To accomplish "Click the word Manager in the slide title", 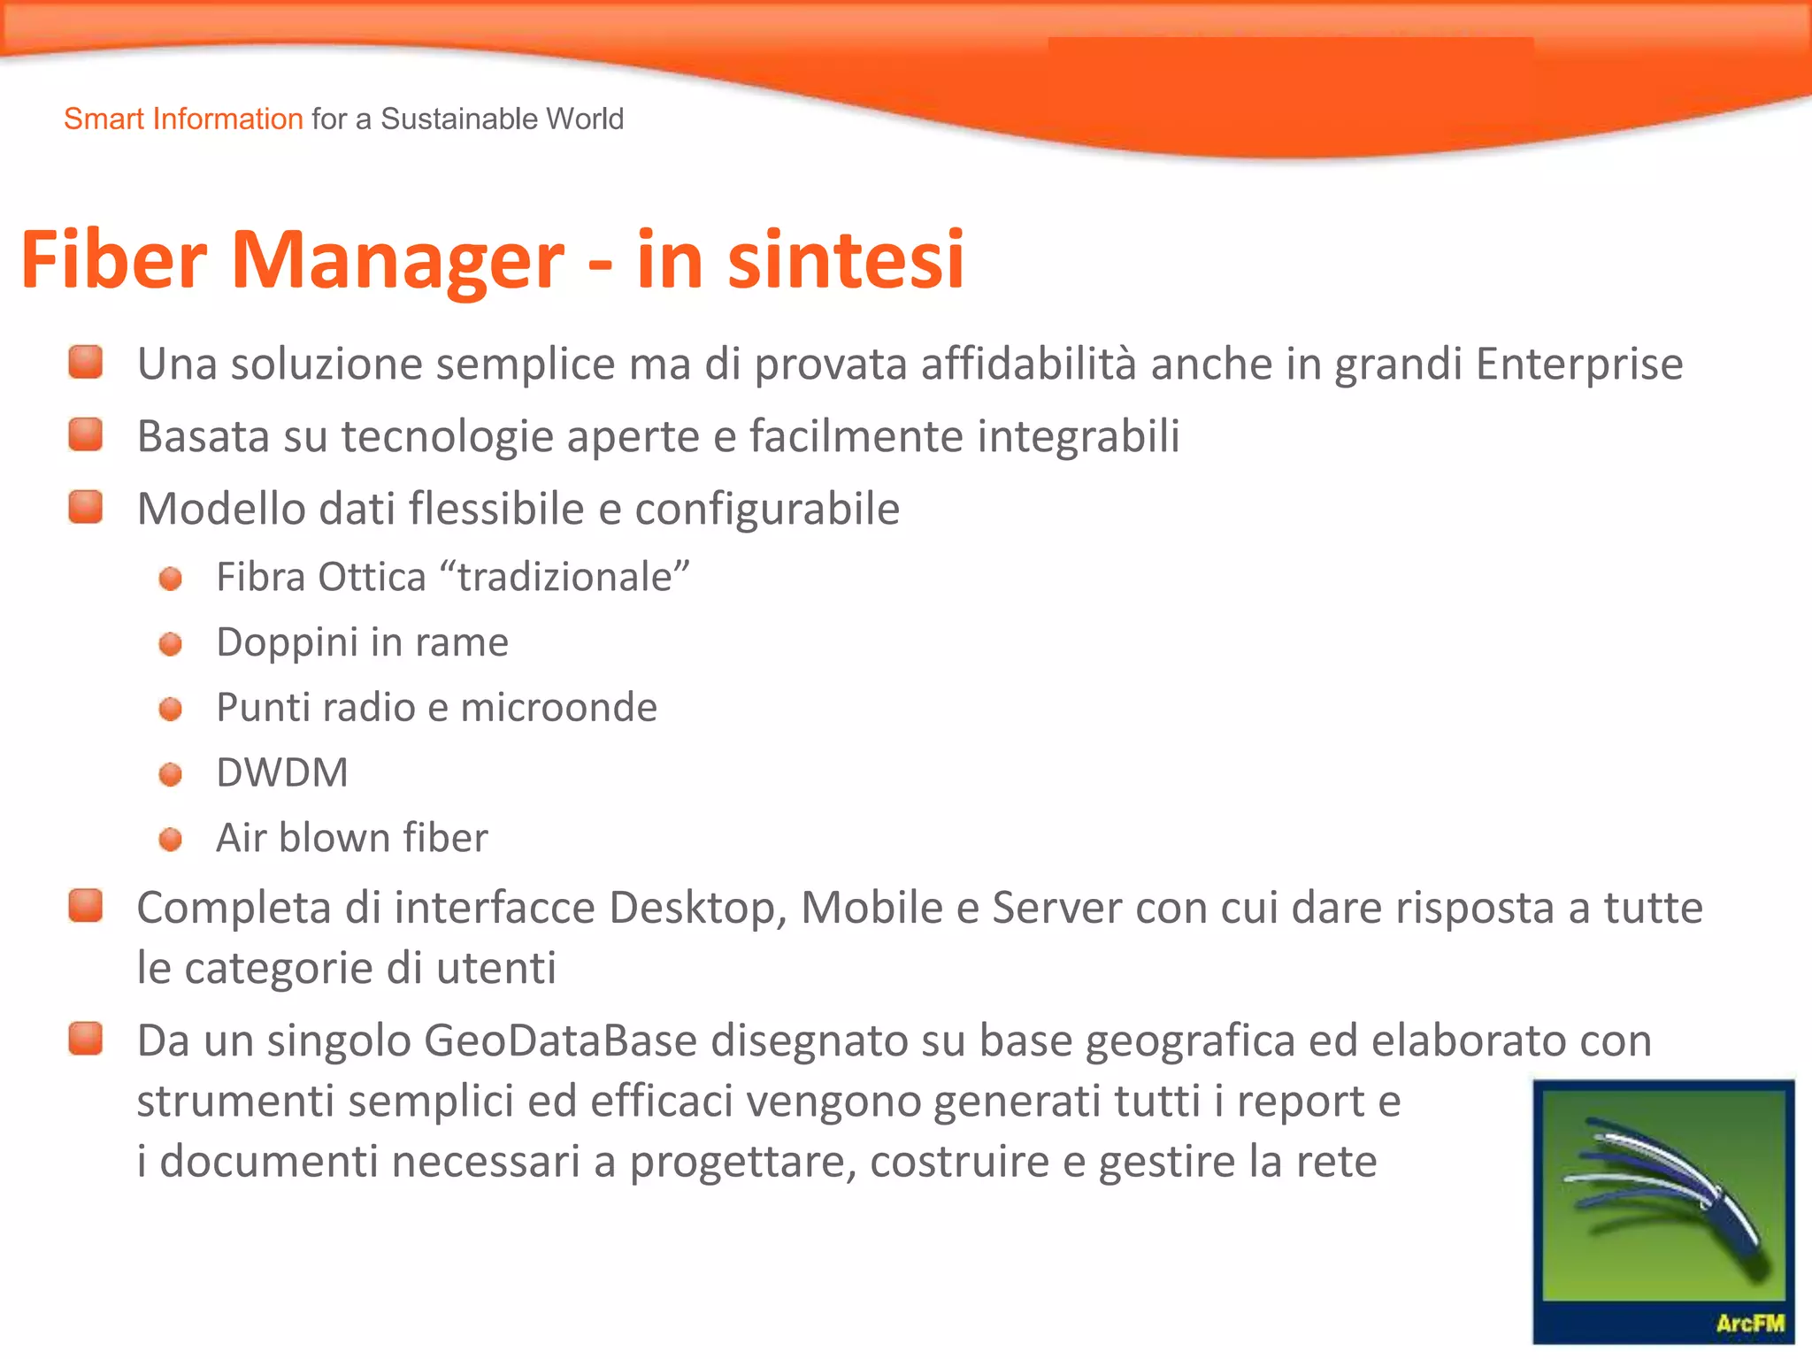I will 396,260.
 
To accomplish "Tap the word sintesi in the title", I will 845,260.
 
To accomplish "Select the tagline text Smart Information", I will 183,119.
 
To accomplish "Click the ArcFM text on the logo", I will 1749,1324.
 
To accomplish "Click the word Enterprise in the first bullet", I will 1578,365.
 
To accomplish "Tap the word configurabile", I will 767,510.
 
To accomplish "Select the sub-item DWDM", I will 282,772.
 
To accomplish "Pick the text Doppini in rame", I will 362,642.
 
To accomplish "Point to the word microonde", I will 558,708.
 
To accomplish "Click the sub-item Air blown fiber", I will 351,838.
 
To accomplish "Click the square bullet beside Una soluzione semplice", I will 86,363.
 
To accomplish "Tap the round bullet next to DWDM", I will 171,775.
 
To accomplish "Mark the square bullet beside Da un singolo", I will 86,1039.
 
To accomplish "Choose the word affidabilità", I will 1028,365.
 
